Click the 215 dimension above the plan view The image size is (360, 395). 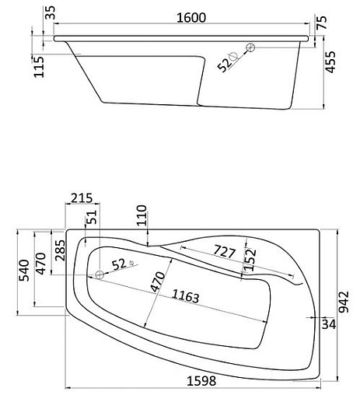79,199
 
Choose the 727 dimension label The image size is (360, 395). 224,252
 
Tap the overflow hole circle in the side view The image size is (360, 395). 251,48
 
